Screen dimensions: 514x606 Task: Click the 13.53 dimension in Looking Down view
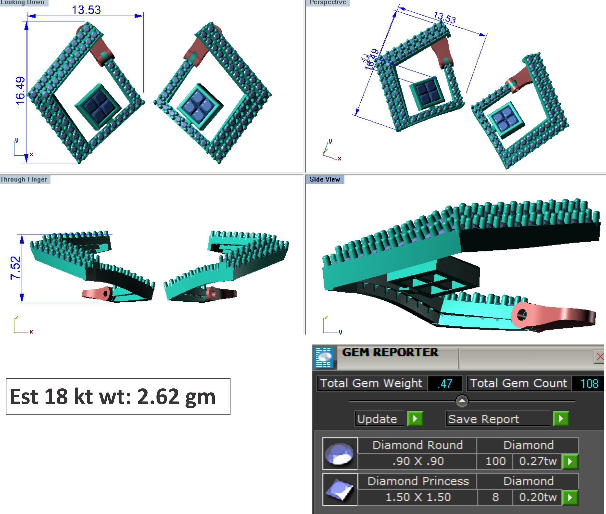tap(86, 10)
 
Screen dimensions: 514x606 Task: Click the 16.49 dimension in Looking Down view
tap(20, 91)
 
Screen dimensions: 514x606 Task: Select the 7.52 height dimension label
tap(15, 268)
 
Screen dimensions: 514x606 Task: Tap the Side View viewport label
tap(324, 179)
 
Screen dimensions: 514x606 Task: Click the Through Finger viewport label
tap(24, 179)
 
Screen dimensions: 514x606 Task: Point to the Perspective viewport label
tap(328, 3)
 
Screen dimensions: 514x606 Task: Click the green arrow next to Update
tap(415, 419)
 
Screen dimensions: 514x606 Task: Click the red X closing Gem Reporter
tap(600, 356)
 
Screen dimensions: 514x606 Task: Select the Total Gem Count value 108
tap(589, 383)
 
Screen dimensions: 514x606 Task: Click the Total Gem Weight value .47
tap(444, 383)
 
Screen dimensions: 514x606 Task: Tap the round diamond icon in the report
tap(340, 453)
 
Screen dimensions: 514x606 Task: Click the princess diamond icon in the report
tap(340, 490)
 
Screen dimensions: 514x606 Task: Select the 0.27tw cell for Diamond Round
tap(537, 461)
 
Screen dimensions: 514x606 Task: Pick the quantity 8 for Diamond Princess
tap(495, 497)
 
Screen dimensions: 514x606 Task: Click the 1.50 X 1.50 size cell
tap(418, 497)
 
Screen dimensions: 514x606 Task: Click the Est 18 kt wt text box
tap(118, 396)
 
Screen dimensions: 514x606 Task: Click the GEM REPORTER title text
tap(390, 352)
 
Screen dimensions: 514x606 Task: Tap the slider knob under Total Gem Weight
tap(462, 401)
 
